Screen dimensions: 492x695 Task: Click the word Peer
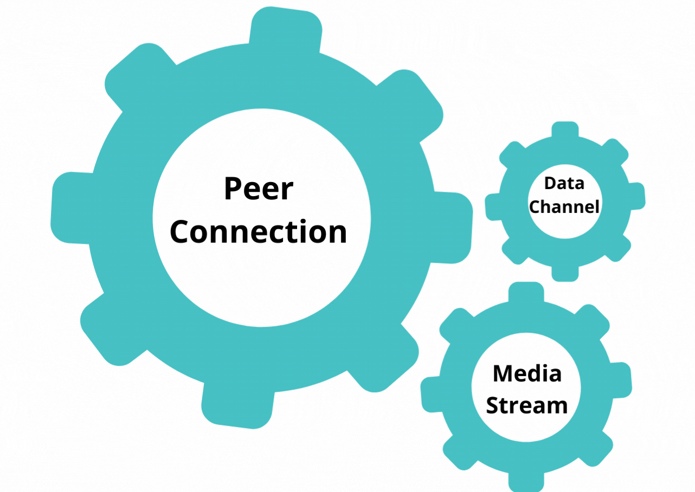tap(259, 189)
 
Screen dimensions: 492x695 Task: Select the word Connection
tap(259, 231)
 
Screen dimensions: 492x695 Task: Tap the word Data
tap(564, 183)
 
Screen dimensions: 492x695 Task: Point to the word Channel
tap(564, 206)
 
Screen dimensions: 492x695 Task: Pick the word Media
tap(527, 373)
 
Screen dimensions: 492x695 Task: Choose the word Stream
tap(527, 405)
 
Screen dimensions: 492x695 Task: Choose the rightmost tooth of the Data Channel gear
tap(636, 196)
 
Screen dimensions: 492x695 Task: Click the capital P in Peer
tap(232, 189)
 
